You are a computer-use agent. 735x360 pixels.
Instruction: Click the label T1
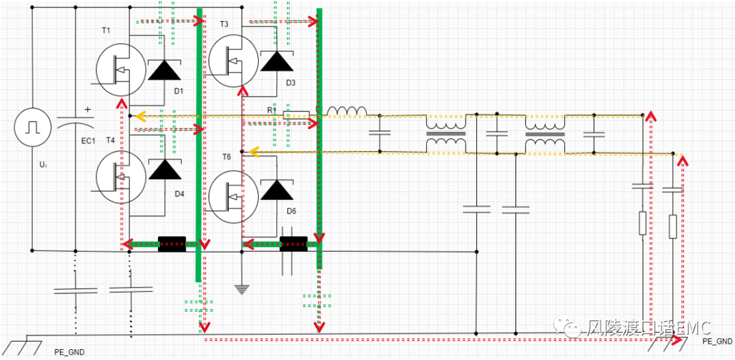tap(105, 31)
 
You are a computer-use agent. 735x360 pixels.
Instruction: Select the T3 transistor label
tap(225, 24)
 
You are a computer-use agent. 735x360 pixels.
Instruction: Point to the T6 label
tap(227, 157)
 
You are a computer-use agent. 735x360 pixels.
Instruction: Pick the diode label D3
tap(291, 83)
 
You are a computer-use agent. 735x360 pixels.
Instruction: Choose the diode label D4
tap(180, 194)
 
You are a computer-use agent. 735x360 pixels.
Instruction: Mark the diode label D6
tap(291, 211)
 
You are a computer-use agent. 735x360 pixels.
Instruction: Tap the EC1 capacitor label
tap(88, 141)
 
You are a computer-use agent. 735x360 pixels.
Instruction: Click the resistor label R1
tap(272, 110)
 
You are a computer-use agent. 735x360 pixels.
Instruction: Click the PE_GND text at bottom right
tap(716, 341)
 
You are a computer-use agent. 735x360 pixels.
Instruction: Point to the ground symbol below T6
tap(241, 289)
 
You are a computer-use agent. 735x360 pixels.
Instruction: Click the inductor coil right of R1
tap(347, 112)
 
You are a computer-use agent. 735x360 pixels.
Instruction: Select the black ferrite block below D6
tap(293, 244)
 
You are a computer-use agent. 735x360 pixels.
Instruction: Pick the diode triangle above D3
tap(276, 61)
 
